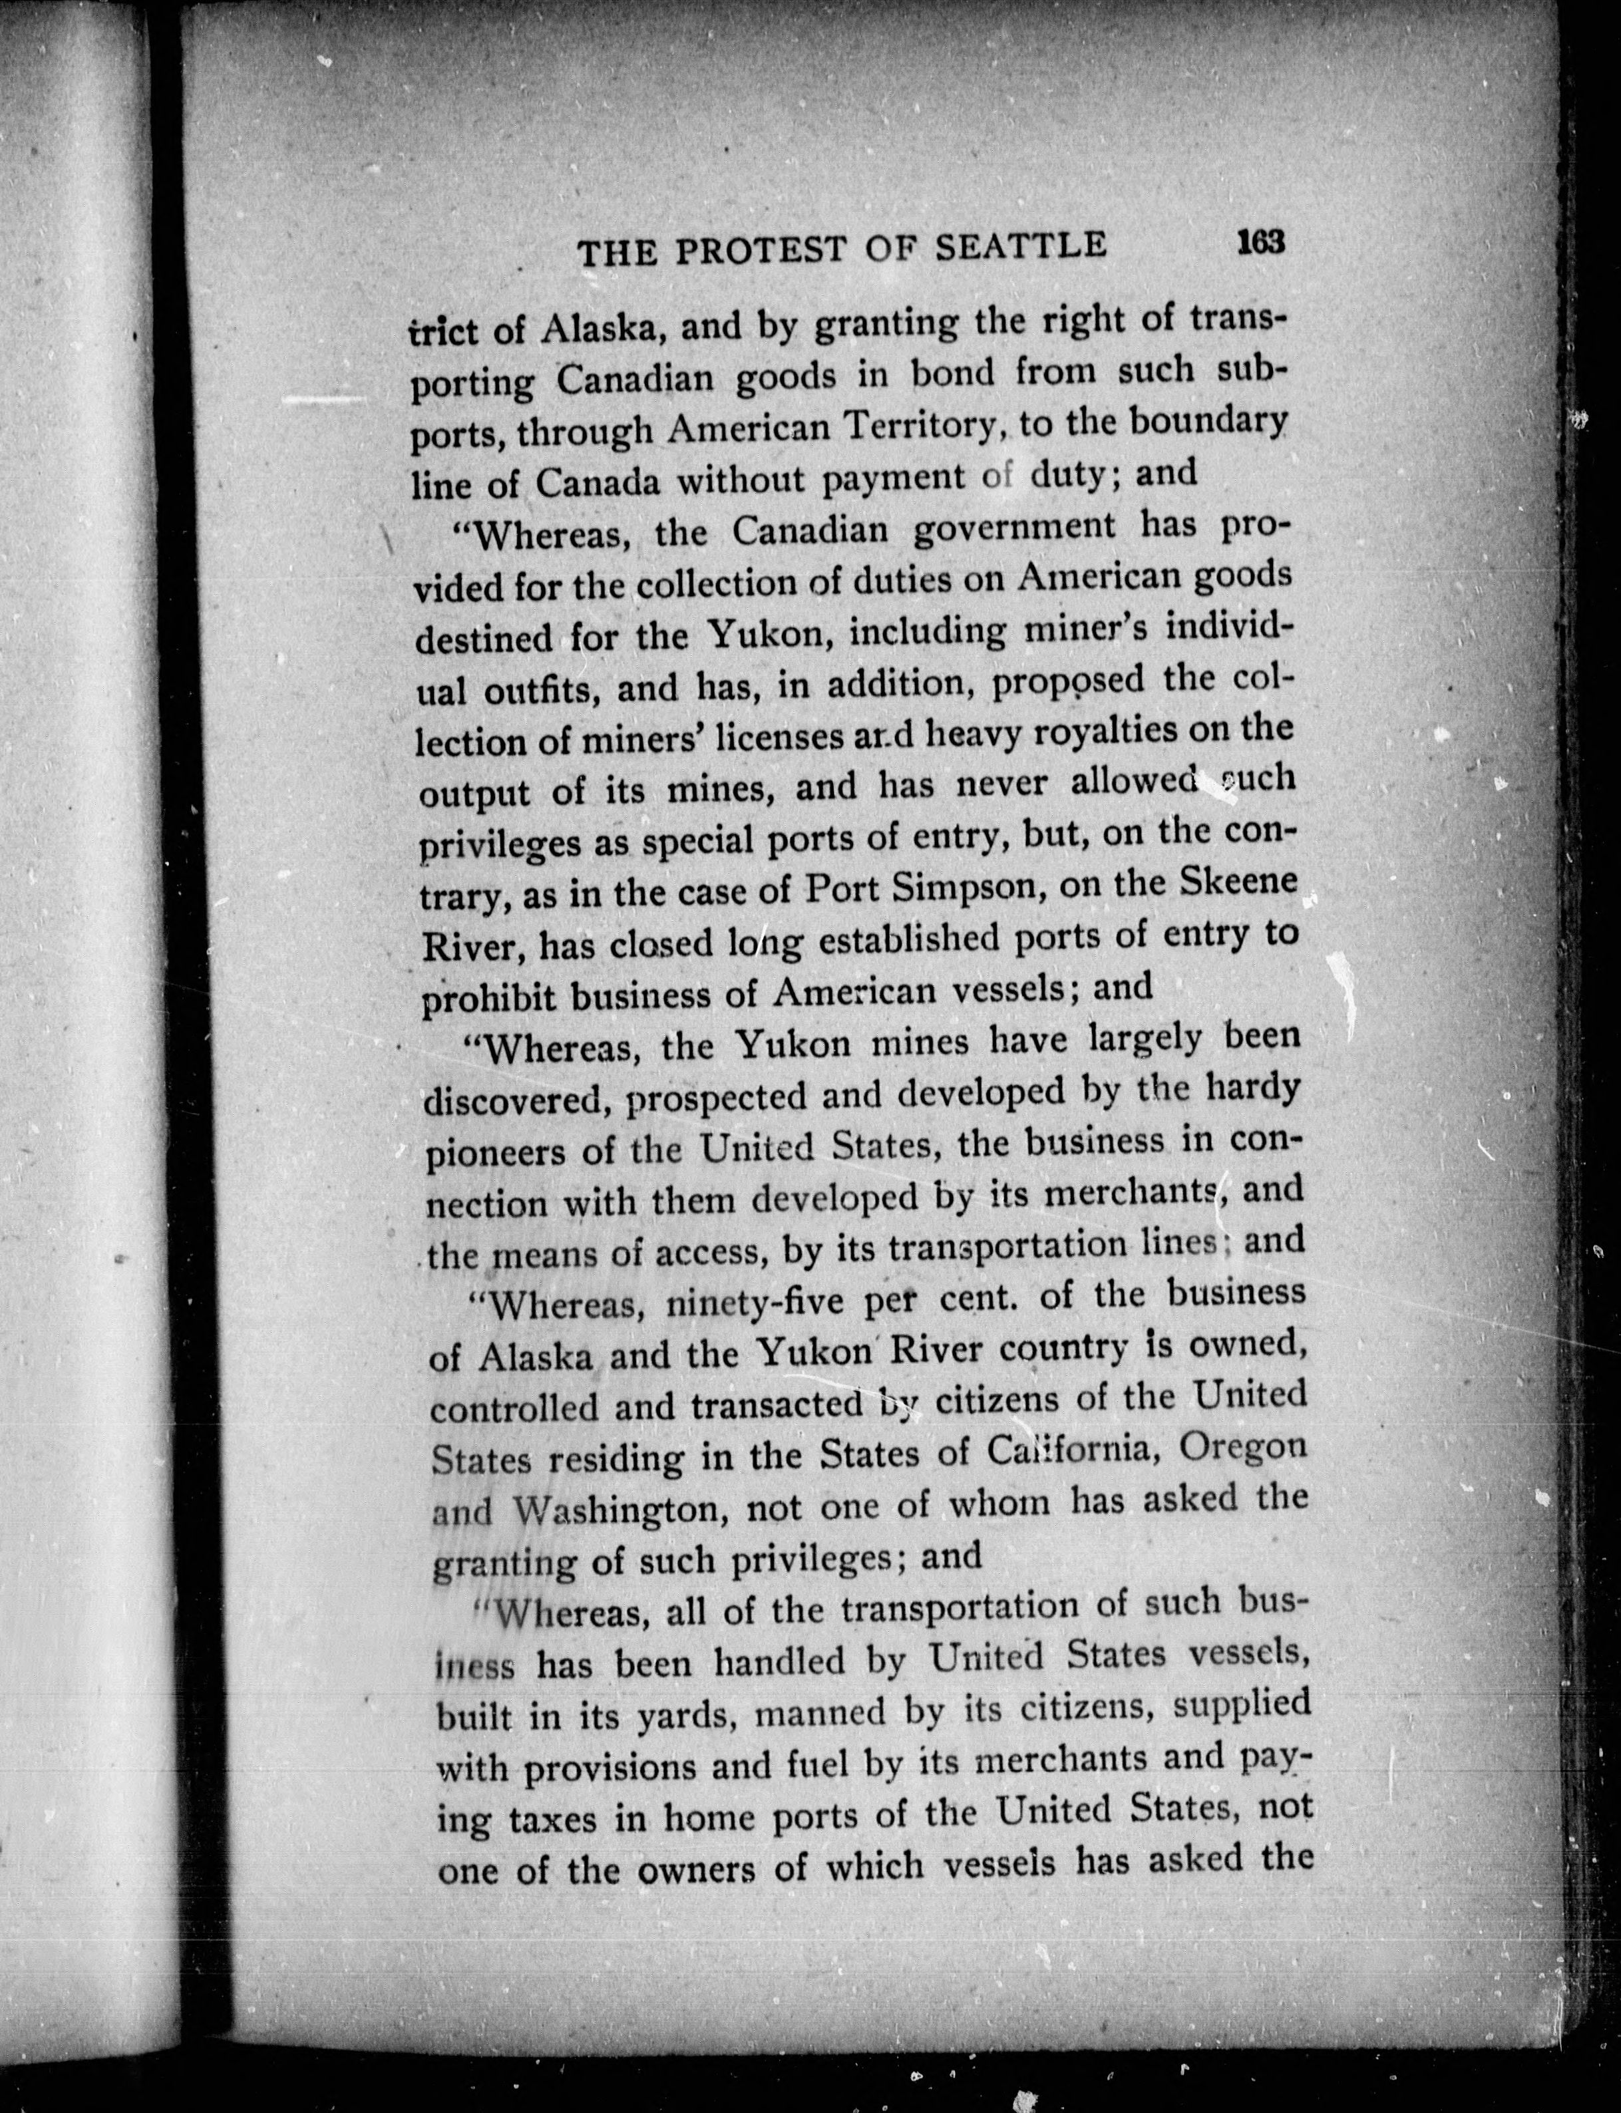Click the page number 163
(1260, 242)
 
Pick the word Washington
(618, 1511)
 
